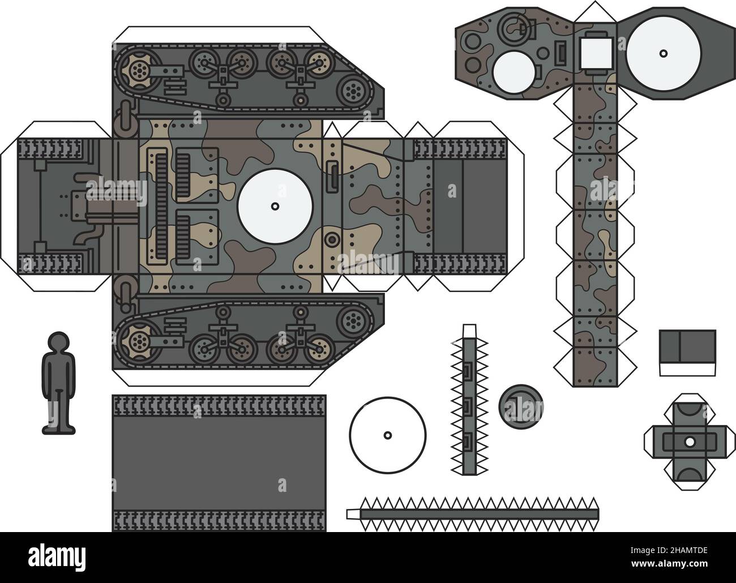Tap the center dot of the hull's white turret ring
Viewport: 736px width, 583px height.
[x=275, y=206]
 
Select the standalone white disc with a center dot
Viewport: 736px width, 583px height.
[x=387, y=435]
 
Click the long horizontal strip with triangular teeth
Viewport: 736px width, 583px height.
[x=473, y=513]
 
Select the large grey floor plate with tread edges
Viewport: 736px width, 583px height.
[x=220, y=463]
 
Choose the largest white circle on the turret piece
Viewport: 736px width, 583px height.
[x=664, y=53]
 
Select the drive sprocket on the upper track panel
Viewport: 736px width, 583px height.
[x=137, y=71]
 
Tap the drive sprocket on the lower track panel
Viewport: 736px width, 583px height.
[x=137, y=342]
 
